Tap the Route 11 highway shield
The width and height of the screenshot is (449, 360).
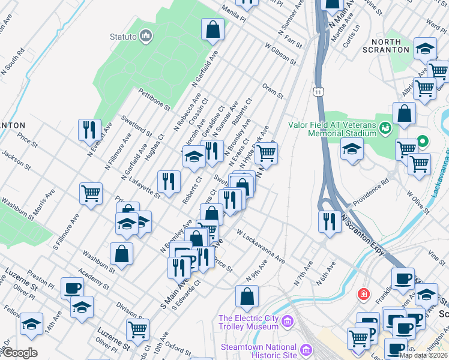coord(318,91)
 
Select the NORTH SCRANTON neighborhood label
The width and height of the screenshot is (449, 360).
coord(394,47)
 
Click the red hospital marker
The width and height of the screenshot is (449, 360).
coord(363,294)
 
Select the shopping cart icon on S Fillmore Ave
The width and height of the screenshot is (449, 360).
coord(91,194)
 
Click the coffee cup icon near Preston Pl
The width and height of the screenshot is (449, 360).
coord(72,287)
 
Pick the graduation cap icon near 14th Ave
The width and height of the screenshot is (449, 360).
coord(31,324)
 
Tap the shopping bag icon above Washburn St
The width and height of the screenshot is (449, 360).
coord(121,253)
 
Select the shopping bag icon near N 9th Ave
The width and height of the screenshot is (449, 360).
coord(247,296)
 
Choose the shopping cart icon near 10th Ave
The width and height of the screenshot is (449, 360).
coord(137,329)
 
